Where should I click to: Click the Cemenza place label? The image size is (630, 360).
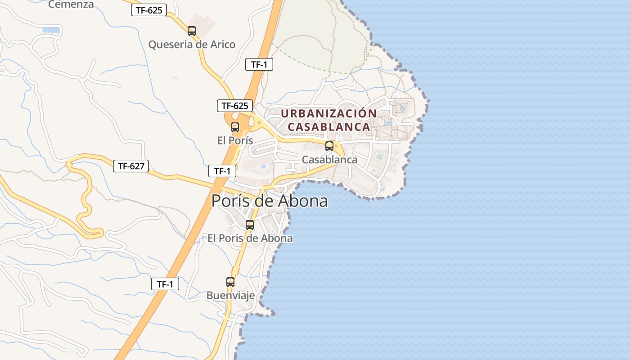71,4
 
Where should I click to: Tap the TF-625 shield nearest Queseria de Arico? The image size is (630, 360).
149,10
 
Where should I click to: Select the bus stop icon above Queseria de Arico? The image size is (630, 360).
192,31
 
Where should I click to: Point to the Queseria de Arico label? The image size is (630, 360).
192,45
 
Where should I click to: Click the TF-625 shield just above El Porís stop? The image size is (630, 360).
234,106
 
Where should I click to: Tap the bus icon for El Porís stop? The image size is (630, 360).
235,127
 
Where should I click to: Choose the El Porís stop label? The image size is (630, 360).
235,140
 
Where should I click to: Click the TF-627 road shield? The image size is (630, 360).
130,166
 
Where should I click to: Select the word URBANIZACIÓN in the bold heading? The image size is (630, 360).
328,113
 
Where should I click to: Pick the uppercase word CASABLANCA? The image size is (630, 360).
328,127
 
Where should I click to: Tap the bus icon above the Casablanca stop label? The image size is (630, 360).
329,146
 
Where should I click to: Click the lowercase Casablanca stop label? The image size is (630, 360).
329,159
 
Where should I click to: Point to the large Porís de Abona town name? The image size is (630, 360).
270,201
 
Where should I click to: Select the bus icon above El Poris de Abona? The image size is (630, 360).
250,225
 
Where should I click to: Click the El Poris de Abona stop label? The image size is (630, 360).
250,238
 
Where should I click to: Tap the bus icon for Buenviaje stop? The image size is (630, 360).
230,282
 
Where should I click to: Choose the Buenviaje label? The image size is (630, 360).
230,295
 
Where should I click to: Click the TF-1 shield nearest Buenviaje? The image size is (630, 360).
165,284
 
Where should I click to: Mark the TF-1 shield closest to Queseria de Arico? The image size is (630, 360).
259,64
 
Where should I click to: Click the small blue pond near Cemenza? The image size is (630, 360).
51,30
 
